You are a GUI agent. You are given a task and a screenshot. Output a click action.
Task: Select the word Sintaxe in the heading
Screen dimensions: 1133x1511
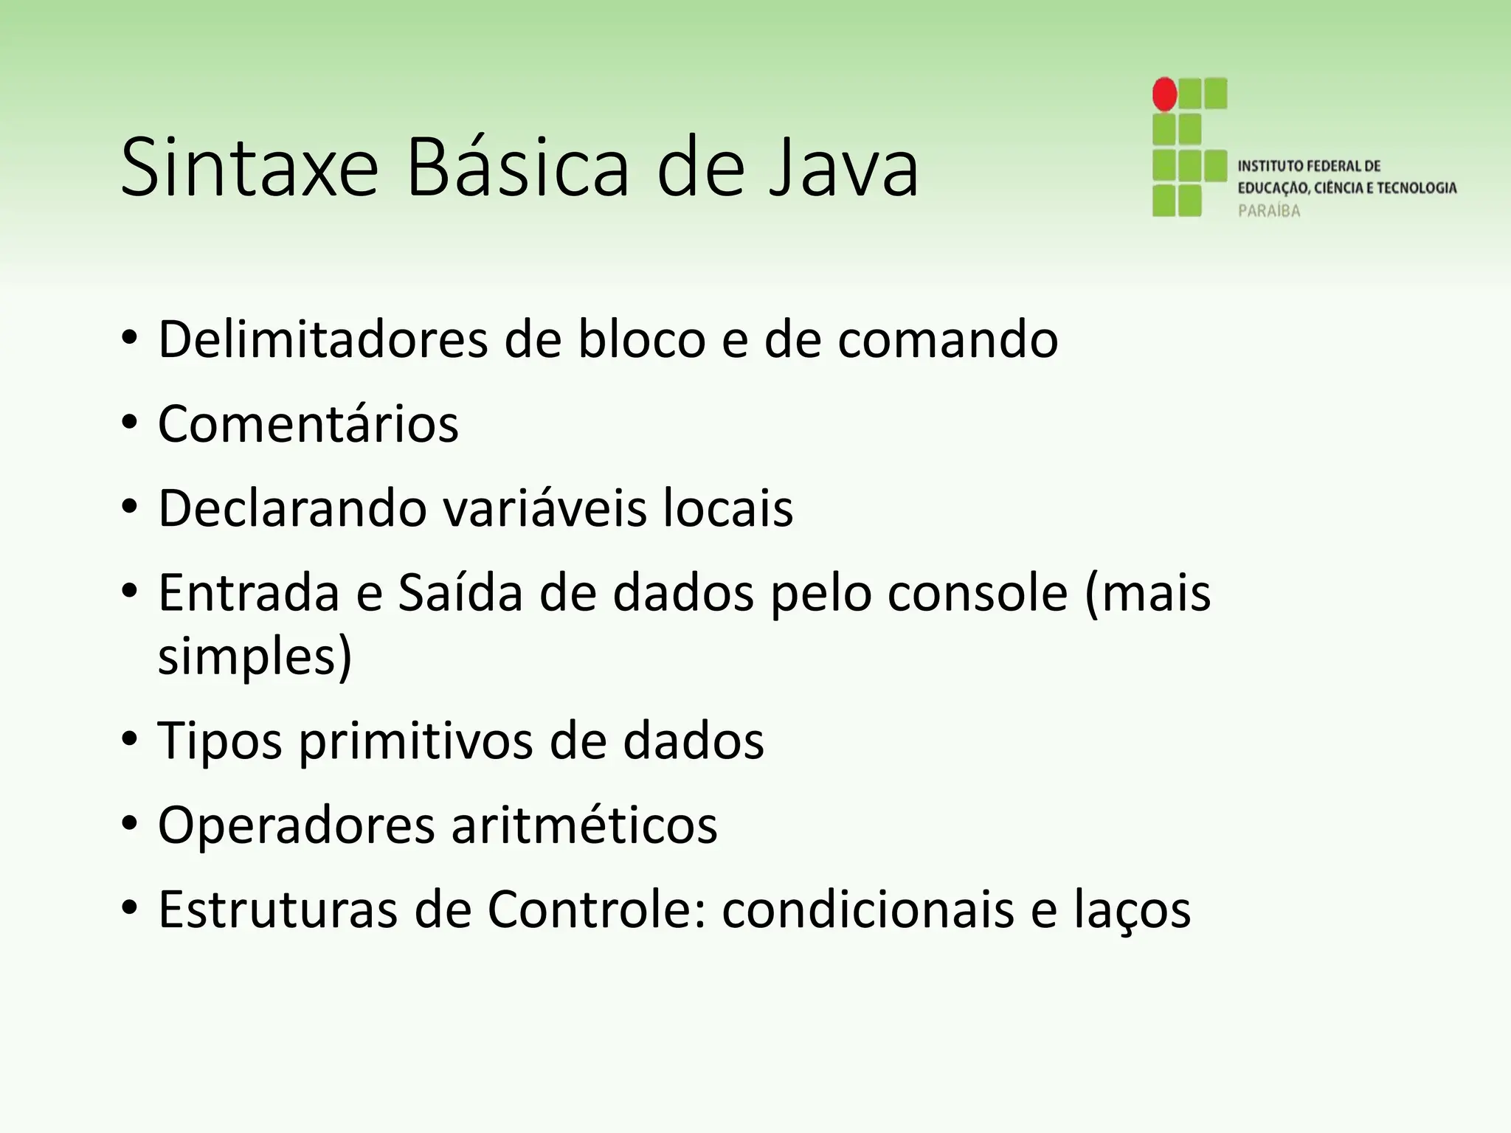(x=249, y=168)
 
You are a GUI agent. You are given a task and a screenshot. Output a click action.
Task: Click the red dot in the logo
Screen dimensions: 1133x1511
(x=1165, y=94)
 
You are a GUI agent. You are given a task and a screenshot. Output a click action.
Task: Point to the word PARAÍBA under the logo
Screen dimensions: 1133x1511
(x=1269, y=211)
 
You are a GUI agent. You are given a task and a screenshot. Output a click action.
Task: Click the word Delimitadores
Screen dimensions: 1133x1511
(x=323, y=339)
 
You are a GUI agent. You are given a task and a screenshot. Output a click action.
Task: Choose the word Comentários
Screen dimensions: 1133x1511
(x=308, y=424)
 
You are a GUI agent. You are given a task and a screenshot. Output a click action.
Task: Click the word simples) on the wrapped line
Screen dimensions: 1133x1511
(x=255, y=656)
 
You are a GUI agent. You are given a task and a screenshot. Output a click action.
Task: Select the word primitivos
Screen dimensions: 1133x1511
(x=415, y=741)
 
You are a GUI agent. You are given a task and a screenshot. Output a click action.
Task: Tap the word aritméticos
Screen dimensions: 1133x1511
(x=584, y=825)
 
